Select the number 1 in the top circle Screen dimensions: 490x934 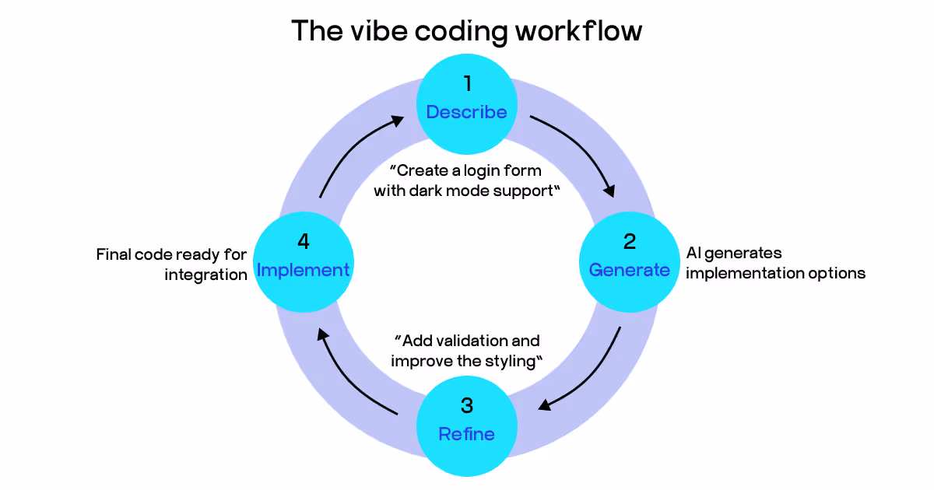(x=467, y=83)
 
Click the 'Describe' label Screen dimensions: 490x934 (x=467, y=112)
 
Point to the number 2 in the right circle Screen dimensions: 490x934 (x=629, y=241)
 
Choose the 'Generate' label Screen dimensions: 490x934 (x=629, y=270)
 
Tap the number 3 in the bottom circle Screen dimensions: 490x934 (x=467, y=405)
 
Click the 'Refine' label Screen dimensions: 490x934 (x=467, y=434)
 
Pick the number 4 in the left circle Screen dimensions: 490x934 (x=304, y=241)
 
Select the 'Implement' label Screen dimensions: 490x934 (x=304, y=270)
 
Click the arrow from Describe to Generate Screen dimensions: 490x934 (x=580, y=152)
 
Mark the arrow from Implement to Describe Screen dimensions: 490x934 (x=350, y=152)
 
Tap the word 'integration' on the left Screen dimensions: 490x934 (x=205, y=275)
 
